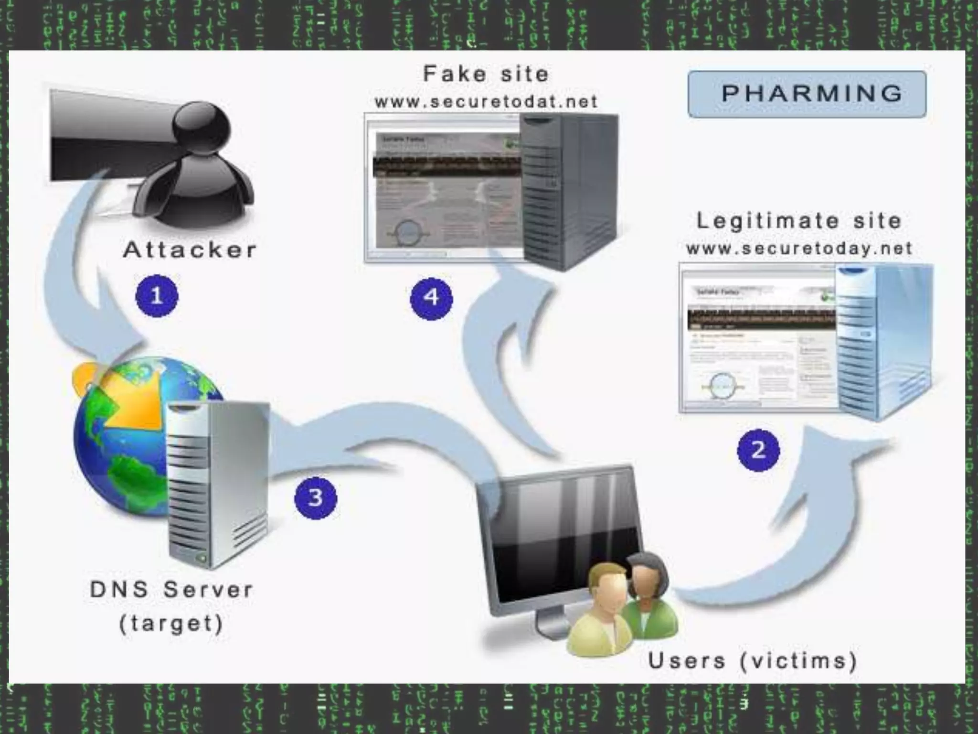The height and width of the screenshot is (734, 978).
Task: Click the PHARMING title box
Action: click(x=807, y=94)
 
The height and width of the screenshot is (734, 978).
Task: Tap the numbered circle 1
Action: click(x=157, y=296)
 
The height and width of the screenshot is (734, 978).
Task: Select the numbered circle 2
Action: click(x=758, y=450)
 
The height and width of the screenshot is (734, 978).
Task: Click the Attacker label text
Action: click(x=190, y=250)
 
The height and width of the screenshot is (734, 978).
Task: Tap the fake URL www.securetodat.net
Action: click(x=486, y=102)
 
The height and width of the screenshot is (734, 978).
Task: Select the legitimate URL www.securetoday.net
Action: click(x=799, y=248)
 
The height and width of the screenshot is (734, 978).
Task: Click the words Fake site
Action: click(x=486, y=74)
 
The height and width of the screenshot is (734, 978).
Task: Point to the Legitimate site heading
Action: click(x=799, y=221)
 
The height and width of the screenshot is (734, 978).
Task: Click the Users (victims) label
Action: click(x=752, y=661)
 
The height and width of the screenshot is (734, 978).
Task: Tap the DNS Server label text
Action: click(x=171, y=590)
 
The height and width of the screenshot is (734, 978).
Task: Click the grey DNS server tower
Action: click(x=217, y=483)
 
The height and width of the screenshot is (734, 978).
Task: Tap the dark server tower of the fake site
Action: click(x=568, y=191)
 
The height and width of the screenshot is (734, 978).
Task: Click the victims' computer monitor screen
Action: click(x=559, y=535)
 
